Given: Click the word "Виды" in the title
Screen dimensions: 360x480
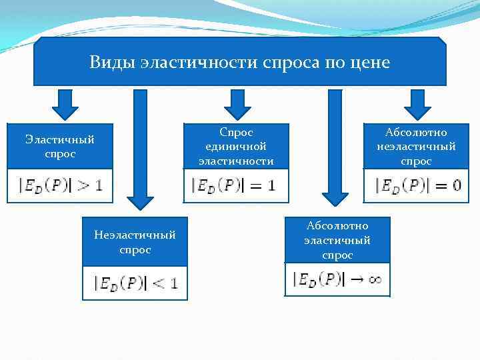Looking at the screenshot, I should point(113,63).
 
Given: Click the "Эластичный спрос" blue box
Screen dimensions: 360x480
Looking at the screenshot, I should point(60,146).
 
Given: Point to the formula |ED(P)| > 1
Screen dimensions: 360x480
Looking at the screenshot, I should point(60,185).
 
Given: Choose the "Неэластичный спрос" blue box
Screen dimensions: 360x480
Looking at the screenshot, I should point(135,242).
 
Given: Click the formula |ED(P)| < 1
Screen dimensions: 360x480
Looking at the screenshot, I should point(135,283).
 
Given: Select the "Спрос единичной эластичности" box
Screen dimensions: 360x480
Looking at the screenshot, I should point(236,146).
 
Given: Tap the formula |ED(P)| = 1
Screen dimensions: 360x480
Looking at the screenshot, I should point(236,185).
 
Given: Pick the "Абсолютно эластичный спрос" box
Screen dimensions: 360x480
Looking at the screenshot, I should point(337,240).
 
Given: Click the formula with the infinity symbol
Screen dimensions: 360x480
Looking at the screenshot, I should point(337,279).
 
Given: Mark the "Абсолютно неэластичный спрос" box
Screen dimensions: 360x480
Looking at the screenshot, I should point(417,146).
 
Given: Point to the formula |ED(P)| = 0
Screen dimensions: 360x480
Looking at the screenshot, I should point(417,185).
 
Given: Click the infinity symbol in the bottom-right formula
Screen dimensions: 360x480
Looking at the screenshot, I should point(374,280).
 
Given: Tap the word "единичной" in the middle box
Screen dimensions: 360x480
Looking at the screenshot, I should point(236,146).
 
